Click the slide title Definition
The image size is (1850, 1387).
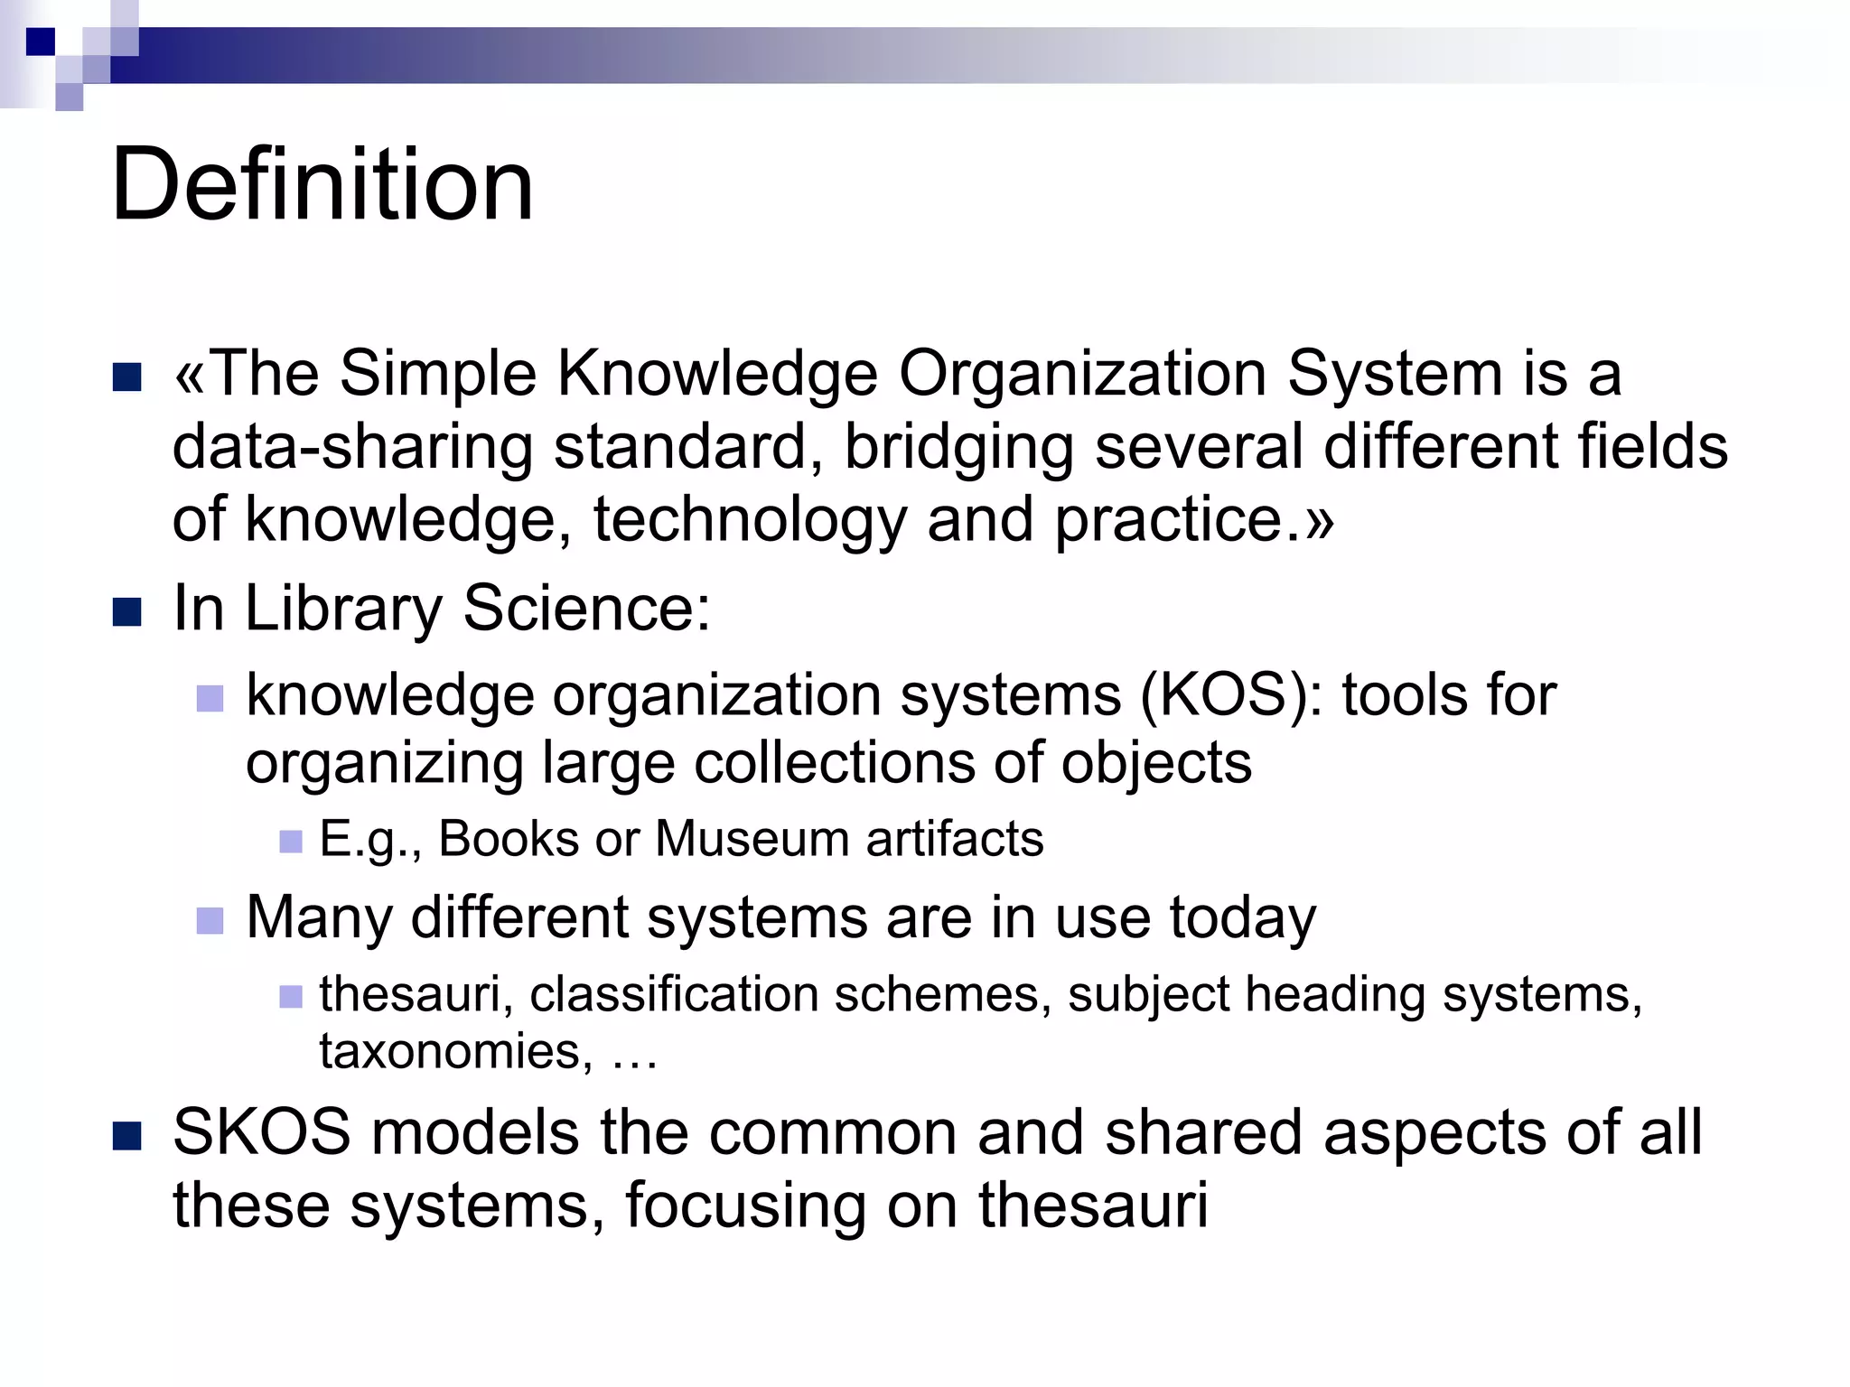tap(322, 185)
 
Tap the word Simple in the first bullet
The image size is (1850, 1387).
tap(438, 373)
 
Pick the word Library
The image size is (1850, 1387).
tap(343, 610)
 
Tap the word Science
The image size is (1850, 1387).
tap(586, 608)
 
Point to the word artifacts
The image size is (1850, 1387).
tap(955, 839)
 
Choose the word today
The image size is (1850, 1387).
tap(1243, 919)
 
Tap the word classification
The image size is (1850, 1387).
tap(674, 995)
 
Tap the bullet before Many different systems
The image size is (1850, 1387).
tap(210, 921)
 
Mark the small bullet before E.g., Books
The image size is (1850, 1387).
tap(291, 842)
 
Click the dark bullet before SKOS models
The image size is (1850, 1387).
tap(127, 1136)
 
